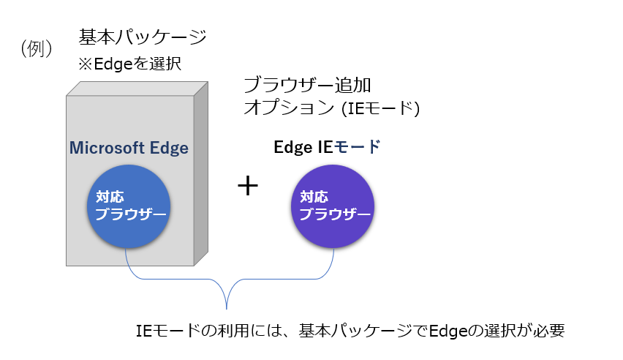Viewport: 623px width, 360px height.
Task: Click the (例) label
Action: [36, 48]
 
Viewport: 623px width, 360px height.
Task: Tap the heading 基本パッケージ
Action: [143, 37]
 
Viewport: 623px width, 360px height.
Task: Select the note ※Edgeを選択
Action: [129, 64]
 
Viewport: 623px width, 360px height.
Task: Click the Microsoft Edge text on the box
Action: [129, 148]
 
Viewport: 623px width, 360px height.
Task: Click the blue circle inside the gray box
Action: [129, 206]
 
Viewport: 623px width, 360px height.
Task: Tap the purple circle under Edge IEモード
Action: [333, 206]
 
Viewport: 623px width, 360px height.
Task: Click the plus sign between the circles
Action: [248, 186]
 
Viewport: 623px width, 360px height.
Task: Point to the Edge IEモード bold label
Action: [327, 147]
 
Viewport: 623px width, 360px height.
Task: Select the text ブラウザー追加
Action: [307, 85]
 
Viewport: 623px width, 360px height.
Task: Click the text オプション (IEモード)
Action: [332, 108]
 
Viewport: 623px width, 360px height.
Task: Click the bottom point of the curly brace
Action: [227, 309]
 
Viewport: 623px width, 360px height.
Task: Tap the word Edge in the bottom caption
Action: [448, 331]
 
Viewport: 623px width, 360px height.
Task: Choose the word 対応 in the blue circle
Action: [110, 197]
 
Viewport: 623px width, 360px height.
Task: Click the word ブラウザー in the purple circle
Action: [335, 214]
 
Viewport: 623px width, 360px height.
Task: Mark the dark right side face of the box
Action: [201, 173]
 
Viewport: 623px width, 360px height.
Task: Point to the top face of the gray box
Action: [137, 89]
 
